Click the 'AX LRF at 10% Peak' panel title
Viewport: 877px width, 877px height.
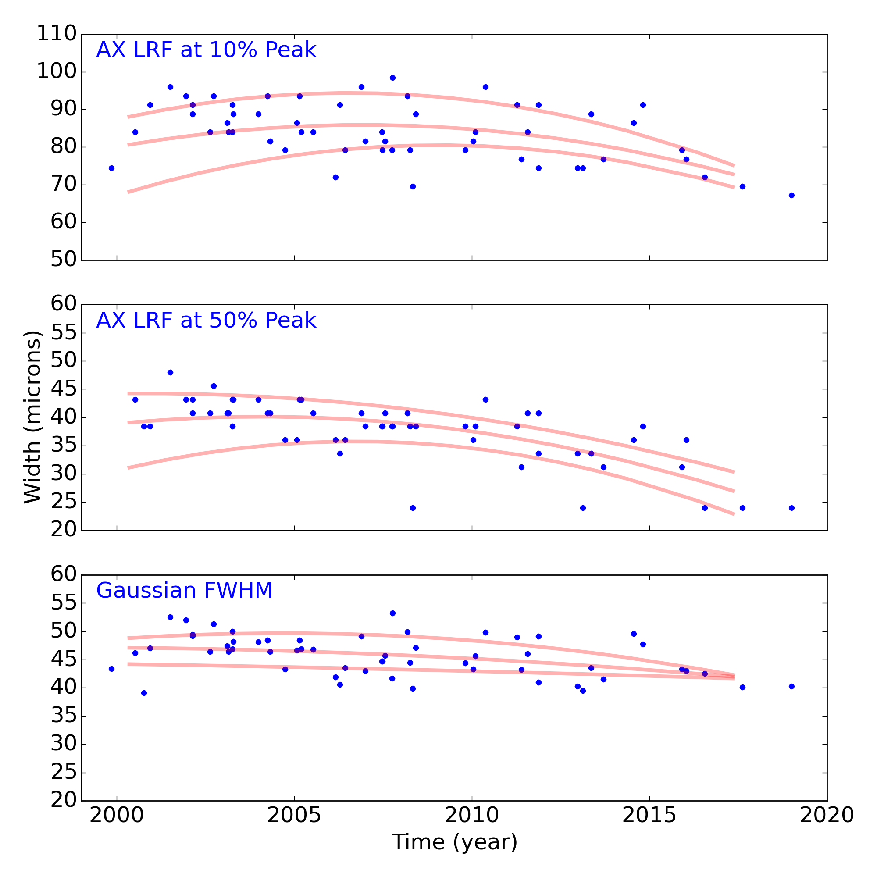click(x=206, y=50)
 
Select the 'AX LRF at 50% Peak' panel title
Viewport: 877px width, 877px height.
click(x=206, y=321)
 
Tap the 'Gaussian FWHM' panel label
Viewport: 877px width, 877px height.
click(x=184, y=591)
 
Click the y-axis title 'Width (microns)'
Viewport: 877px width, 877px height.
click(x=33, y=417)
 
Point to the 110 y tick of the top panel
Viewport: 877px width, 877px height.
click(x=56, y=35)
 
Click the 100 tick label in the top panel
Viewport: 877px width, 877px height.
click(x=56, y=72)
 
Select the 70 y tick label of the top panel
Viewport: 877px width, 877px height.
click(x=63, y=185)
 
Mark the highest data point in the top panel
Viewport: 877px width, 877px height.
click(x=392, y=78)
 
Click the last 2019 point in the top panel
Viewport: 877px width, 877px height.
click(x=791, y=195)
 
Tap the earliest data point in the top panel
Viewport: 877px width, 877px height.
click(x=112, y=168)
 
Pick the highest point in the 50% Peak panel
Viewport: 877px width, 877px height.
click(x=170, y=372)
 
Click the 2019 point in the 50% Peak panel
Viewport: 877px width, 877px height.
click(x=791, y=508)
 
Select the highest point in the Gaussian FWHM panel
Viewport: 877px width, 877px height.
click(x=392, y=613)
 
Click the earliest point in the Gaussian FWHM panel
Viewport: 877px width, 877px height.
click(x=112, y=669)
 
